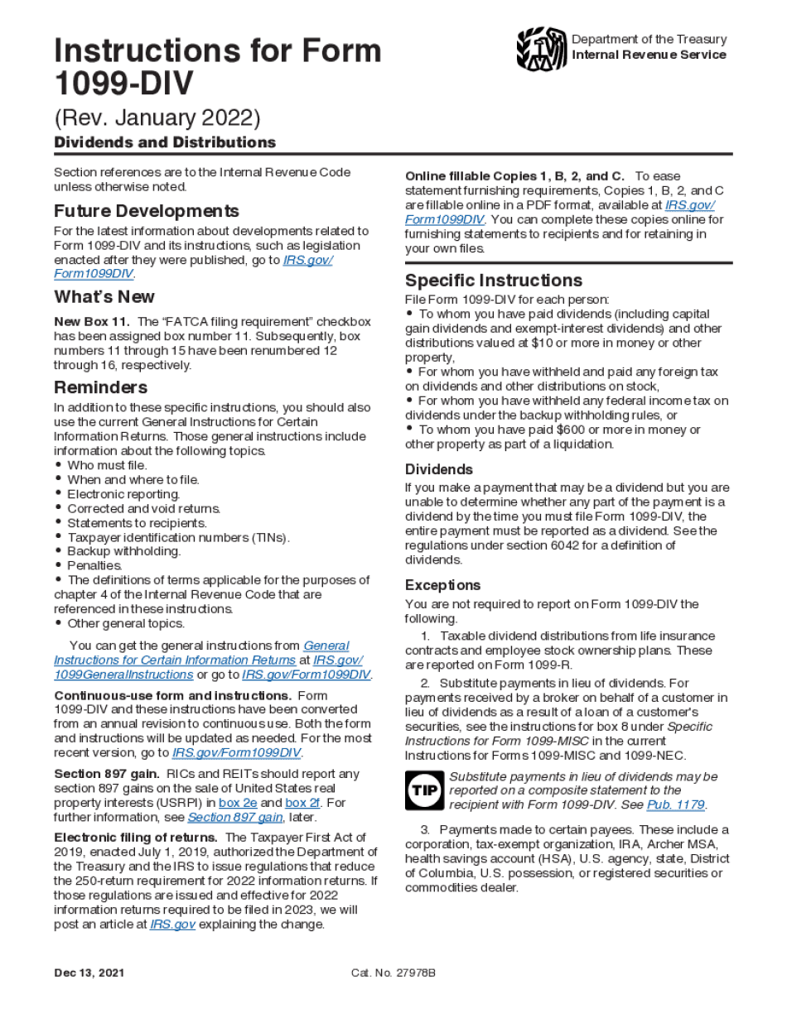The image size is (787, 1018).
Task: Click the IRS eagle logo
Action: click(x=541, y=49)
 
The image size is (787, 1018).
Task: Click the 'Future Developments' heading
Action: click(x=147, y=211)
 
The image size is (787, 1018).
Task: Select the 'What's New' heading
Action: click(x=104, y=297)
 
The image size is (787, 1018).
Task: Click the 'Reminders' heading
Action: click(x=100, y=387)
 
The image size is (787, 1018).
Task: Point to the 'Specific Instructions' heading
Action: click(x=493, y=280)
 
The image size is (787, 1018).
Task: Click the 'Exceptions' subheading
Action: click(x=442, y=585)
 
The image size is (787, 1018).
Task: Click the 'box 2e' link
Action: click(x=237, y=803)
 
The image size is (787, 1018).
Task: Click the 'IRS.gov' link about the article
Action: click(x=172, y=924)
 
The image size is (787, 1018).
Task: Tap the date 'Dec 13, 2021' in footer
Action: click(x=89, y=972)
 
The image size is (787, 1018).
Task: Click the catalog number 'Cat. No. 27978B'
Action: click(x=393, y=972)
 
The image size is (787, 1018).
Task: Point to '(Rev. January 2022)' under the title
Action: click(x=157, y=118)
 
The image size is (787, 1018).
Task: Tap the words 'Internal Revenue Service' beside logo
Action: click(x=649, y=55)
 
